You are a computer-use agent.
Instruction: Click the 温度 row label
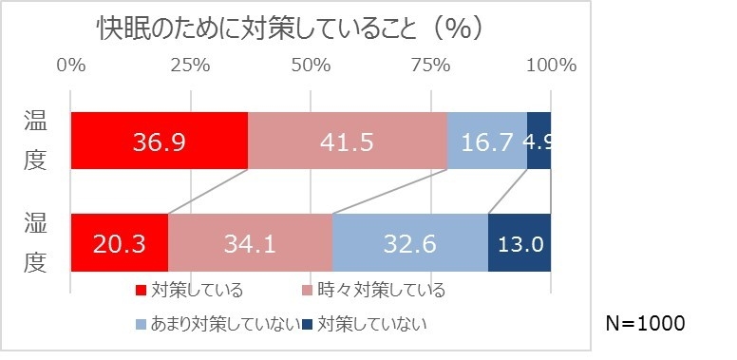[x=35, y=141]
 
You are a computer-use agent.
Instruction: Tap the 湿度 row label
[x=35, y=242]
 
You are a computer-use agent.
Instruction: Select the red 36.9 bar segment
[x=160, y=142]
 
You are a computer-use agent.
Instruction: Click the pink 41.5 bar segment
[x=348, y=142]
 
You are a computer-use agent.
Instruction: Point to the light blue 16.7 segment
[x=487, y=142]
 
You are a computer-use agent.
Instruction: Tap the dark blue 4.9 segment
[x=539, y=142]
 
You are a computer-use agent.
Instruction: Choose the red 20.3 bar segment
[x=120, y=243]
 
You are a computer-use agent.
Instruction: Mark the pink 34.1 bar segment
[x=251, y=243]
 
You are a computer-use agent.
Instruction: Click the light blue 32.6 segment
[x=410, y=243]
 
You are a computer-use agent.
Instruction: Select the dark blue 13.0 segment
[x=520, y=243]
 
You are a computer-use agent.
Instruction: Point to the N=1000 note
[x=645, y=323]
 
